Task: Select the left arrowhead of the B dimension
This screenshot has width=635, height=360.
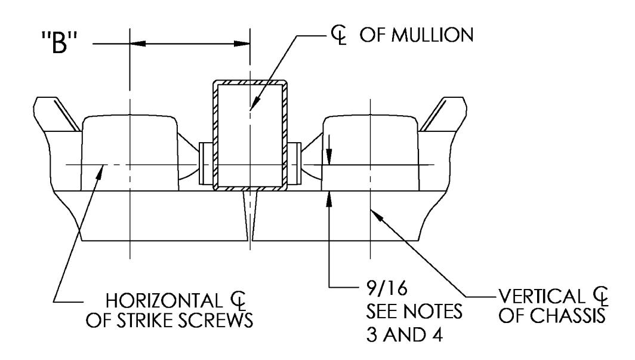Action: [137, 44]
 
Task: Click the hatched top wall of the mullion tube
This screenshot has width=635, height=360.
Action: [250, 82]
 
